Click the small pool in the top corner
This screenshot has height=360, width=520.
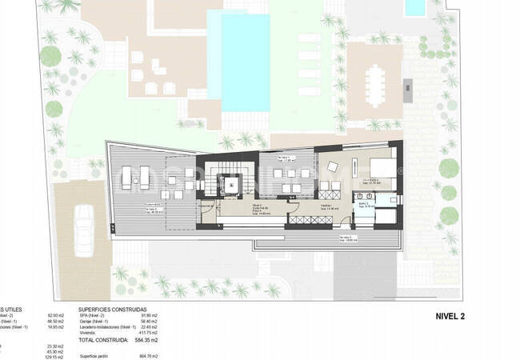coord(414,8)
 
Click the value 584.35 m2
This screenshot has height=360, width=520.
coord(145,340)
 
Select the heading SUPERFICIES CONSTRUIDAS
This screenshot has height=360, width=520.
coord(113,308)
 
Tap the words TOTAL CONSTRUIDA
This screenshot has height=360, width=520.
coord(103,340)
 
